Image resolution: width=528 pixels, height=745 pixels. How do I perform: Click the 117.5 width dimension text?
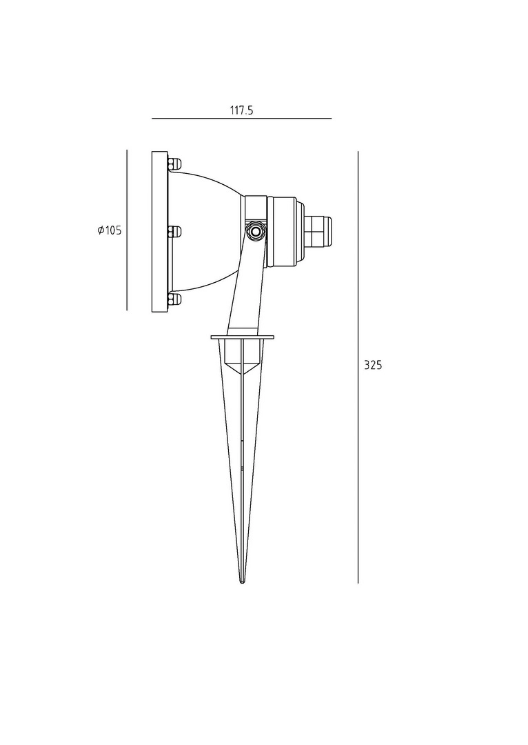(x=242, y=110)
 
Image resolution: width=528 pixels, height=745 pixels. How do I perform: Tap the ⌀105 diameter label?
(x=110, y=231)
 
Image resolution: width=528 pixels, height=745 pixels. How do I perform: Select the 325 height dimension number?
(x=373, y=366)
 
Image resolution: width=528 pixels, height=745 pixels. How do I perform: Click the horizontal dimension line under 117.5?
(x=242, y=119)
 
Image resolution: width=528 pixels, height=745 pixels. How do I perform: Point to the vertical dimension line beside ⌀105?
(x=127, y=230)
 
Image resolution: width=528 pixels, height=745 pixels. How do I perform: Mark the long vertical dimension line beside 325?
(x=358, y=367)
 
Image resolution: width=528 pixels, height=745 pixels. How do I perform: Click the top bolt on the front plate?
(x=174, y=164)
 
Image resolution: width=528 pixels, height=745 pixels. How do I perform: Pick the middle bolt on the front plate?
(x=174, y=231)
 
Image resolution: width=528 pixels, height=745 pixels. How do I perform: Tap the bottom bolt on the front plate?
(x=174, y=299)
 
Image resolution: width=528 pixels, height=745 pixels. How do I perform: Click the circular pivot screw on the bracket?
(x=256, y=232)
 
